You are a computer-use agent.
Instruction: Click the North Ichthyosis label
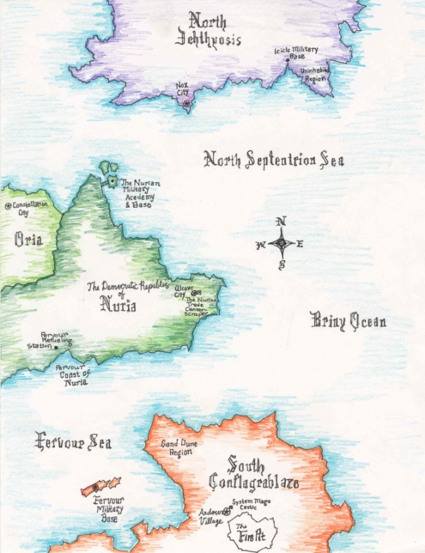tap(208, 29)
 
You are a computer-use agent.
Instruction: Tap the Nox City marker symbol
tap(185, 103)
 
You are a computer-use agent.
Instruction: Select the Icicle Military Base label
tap(296, 53)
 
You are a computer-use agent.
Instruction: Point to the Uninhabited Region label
tap(315, 74)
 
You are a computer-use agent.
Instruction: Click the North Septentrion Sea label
tap(274, 160)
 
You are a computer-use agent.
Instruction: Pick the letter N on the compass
tap(280, 221)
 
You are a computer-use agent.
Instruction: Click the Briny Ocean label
tap(348, 320)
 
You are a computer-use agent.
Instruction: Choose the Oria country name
tap(28, 239)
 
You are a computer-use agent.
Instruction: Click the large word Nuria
tap(118, 304)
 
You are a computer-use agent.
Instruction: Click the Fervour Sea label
tap(73, 441)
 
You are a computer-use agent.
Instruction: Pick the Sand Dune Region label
tap(179, 449)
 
